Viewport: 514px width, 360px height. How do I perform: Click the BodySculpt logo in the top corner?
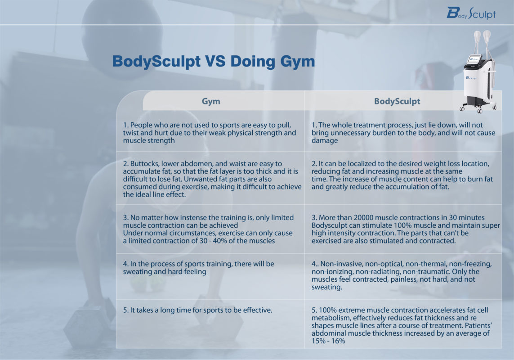471,13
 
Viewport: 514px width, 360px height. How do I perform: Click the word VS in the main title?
215,61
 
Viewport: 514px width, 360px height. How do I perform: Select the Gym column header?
211,101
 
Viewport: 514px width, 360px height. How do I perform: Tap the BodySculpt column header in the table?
397,101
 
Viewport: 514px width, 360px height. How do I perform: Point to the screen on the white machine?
475,60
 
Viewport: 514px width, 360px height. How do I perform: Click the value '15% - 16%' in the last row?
329,341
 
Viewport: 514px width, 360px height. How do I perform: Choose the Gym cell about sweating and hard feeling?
198,268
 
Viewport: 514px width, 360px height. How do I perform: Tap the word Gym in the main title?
295,61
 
